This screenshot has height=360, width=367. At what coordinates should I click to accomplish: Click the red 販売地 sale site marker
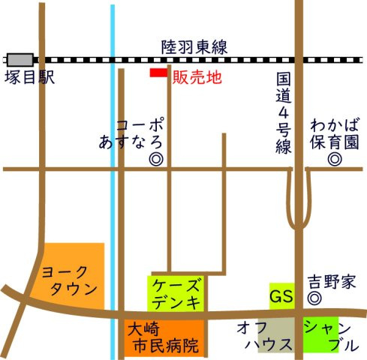click(x=158, y=73)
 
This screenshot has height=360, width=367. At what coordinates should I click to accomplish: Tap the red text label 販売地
click(x=197, y=76)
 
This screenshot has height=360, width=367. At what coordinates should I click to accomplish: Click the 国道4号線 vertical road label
click(x=283, y=112)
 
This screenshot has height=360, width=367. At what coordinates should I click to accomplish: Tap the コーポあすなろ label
click(x=132, y=132)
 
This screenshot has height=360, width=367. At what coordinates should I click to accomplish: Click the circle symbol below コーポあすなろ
click(x=155, y=158)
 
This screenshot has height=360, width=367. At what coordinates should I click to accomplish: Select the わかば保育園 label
click(x=335, y=132)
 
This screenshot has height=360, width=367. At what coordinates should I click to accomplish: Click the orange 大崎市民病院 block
click(x=164, y=337)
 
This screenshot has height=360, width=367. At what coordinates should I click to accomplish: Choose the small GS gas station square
click(x=281, y=295)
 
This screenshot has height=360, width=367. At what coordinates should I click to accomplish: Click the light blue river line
click(x=113, y=187)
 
